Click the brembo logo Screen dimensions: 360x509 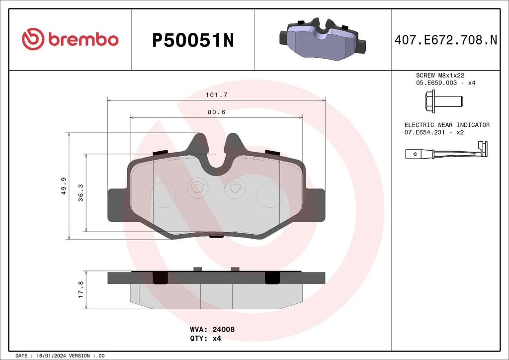(x=70, y=39)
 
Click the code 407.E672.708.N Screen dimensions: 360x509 (x=445, y=40)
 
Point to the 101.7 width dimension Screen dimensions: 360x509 (x=217, y=94)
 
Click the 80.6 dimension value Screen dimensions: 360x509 (x=217, y=112)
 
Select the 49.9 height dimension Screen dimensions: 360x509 (x=64, y=186)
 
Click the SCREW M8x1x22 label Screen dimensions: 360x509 (x=440, y=75)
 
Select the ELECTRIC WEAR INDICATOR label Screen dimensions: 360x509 (x=447, y=125)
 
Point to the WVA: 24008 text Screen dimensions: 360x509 (x=212, y=329)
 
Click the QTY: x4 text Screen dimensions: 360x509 (x=205, y=338)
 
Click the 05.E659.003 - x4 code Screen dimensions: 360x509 (x=445, y=83)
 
